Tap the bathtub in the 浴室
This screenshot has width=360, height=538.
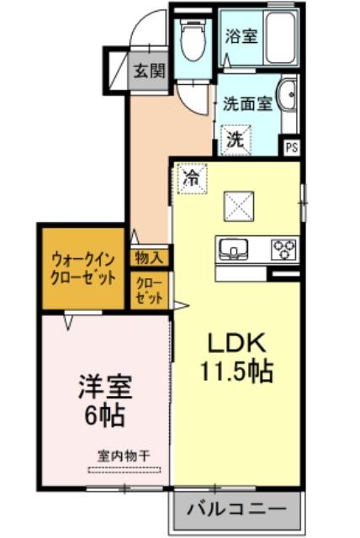click(x=281, y=38)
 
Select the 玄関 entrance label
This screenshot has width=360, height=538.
click(x=149, y=71)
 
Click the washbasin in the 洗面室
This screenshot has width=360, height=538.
click(x=288, y=95)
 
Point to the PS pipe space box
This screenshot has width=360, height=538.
click(x=292, y=148)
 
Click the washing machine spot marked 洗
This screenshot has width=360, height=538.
click(x=236, y=140)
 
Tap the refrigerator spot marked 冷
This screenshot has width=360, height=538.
click(x=192, y=177)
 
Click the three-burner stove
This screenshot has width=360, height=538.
click(x=283, y=249)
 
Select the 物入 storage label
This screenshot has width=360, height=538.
click(x=149, y=258)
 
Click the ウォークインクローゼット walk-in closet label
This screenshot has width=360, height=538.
click(x=83, y=269)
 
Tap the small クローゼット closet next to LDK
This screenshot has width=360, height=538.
click(x=149, y=290)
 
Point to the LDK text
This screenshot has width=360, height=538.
click(x=237, y=343)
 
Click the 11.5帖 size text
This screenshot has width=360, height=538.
click(x=236, y=372)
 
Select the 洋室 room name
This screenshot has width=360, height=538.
click(x=105, y=388)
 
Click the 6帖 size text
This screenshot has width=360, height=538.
click(x=104, y=415)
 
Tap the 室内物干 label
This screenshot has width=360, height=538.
click(x=124, y=456)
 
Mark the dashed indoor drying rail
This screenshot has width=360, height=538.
click(x=124, y=470)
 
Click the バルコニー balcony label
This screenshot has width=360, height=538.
click(x=236, y=509)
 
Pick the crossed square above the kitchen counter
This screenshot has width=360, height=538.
click(x=239, y=206)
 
